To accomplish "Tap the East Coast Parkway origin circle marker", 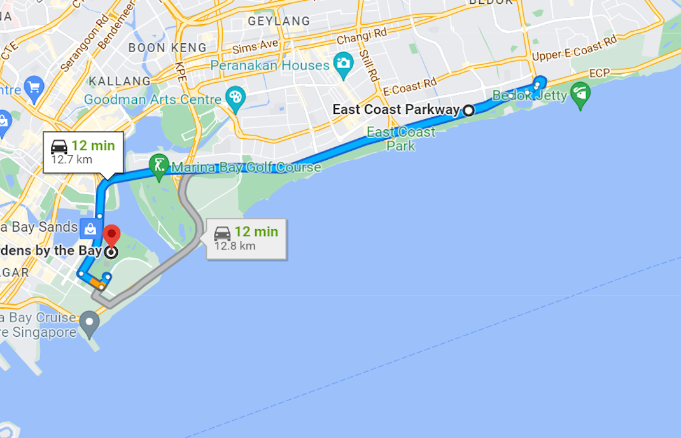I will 468,110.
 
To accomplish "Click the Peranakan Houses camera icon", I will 344,64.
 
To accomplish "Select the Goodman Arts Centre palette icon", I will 235,98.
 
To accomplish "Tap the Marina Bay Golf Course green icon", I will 158,165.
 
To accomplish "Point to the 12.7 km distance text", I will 71,159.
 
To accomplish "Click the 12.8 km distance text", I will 234,246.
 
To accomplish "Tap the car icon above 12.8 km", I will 222,232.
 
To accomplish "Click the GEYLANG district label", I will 279,21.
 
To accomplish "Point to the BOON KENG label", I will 167,48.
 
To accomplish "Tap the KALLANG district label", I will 120,81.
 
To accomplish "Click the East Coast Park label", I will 401,139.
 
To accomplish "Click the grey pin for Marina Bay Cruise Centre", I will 90,323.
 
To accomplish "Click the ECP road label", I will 600,73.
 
